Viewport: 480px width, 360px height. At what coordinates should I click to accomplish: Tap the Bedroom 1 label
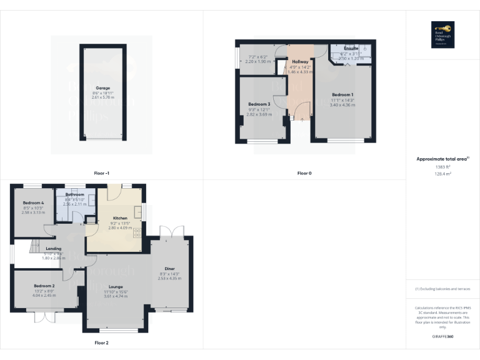click(342, 94)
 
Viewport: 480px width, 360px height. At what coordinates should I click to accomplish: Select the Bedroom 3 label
click(259, 104)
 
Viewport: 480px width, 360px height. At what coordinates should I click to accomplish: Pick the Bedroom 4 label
click(33, 203)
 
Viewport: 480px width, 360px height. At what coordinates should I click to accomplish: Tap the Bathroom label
click(74, 194)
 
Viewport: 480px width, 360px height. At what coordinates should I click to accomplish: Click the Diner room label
click(170, 268)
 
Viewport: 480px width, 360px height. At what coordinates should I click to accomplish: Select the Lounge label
click(116, 286)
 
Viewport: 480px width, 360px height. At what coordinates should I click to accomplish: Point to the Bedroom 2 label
click(44, 286)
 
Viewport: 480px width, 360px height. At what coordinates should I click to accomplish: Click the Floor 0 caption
click(304, 173)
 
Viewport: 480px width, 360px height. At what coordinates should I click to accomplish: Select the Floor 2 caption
click(101, 342)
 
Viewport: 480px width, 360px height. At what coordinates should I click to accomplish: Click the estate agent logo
click(442, 34)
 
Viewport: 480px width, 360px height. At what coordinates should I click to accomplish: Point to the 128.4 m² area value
click(442, 174)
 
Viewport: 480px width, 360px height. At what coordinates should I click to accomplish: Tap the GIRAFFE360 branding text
click(442, 337)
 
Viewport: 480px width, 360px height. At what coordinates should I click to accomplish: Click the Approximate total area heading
click(442, 159)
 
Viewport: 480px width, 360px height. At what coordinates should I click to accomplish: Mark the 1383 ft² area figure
click(442, 167)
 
